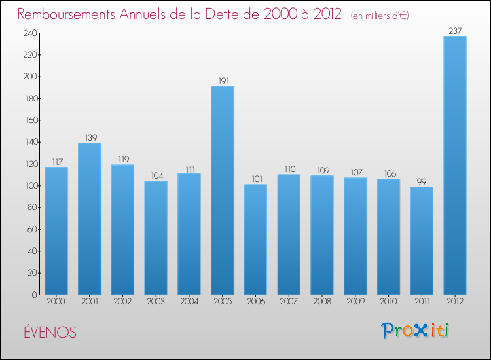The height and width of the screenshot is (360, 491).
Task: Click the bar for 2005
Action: pos(223,190)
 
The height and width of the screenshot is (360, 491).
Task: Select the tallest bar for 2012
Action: pos(455,165)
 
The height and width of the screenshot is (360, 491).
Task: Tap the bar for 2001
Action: pos(90,219)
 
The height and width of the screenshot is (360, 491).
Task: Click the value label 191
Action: pos(223,81)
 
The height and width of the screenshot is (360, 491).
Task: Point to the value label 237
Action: pos(455,31)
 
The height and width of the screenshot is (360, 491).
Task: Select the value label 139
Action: pos(90,138)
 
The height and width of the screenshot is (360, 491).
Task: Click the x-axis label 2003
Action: pos(156,301)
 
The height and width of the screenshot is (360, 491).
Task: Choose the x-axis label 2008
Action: pos(322,301)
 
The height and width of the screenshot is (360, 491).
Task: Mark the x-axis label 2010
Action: pos(388,301)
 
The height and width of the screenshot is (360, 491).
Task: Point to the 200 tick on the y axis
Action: pos(30,77)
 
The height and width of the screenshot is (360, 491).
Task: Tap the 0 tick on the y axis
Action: pos(34,295)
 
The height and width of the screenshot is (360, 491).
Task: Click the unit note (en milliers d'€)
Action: pos(380,16)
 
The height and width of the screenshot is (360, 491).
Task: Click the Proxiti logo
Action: pos(415,331)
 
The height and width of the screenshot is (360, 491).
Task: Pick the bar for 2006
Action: pos(255,239)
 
